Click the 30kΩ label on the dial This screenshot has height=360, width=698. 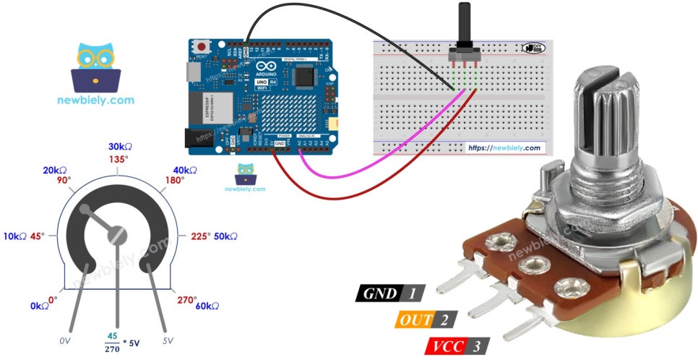120,146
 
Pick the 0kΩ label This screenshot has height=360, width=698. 40,307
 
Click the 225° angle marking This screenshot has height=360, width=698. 199,236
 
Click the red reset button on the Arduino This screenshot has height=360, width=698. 200,47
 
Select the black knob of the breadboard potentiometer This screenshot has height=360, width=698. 462,25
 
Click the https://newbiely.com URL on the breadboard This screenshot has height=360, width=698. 504,147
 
